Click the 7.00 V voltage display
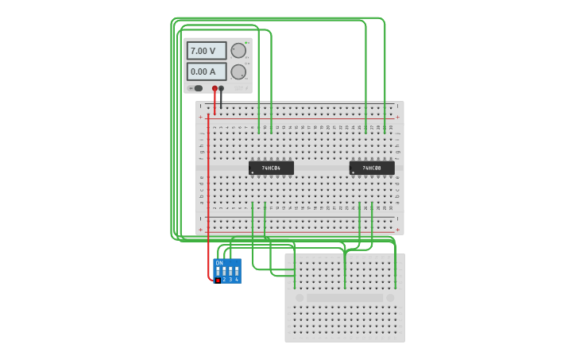[x=206, y=51]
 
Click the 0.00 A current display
[x=206, y=72]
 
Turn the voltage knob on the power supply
[x=238, y=51]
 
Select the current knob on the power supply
[x=238, y=72]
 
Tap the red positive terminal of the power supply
[x=215, y=88]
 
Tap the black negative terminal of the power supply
[x=222, y=88]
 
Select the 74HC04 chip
[x=271, y=168]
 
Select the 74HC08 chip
[x=372, y=168]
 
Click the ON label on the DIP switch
[x=219, y=263]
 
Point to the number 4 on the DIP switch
[x=237, y=280]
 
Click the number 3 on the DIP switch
[x=230, y=280]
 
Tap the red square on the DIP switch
[x=218, y=280]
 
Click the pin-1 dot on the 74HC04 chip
[x=253, y=172]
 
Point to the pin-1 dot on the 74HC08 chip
[x=354, y=172]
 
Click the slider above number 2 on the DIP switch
[x=224, y=271]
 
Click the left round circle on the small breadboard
[x=300, y=298]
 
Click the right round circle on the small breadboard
[x=390, y=298]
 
